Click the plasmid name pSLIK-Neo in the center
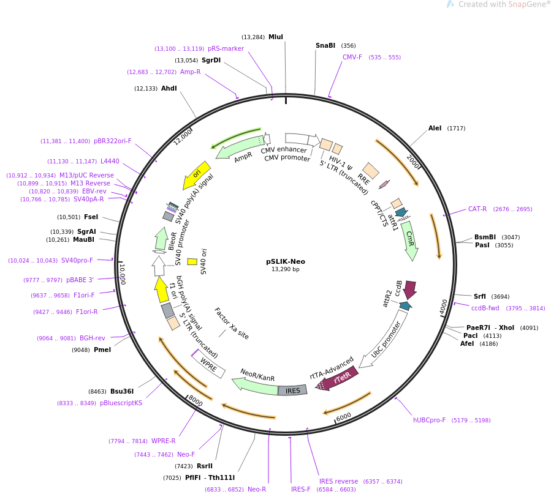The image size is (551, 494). tap(286, 261)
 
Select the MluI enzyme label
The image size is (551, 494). tap(276, 37)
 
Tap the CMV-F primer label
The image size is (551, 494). tap(352, 58)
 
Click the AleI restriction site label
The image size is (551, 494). tap(435, 129)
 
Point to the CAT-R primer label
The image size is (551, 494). tap(477, 209)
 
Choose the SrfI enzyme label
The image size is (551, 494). tap(480, 297)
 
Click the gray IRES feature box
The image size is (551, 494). tap(293, 391)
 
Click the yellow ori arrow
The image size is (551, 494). tap(196, 175)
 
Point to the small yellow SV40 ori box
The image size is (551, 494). tap(192, 261)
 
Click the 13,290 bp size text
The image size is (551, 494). tap(286, 269)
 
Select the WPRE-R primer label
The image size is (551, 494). tap(164, 441)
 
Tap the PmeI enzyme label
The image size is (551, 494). tap(102, 350)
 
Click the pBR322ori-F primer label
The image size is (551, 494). tap(113, 141)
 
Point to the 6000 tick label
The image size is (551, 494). tap(343, 416)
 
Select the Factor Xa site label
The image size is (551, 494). tap(232, 323)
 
